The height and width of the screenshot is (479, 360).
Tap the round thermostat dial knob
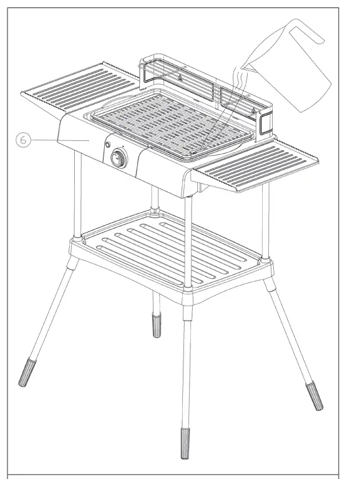[117, 159]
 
